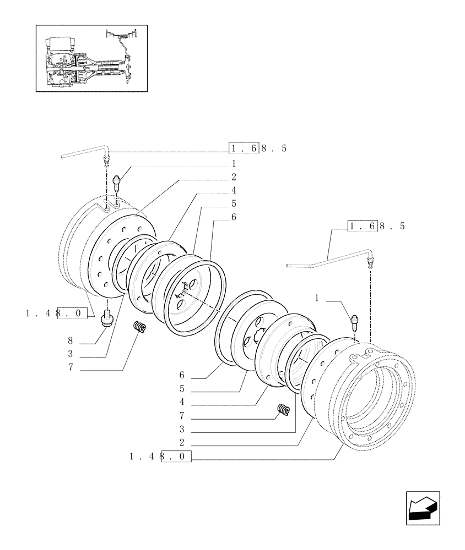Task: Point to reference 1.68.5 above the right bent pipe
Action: click(x=376, y=226)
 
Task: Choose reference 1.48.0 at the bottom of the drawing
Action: click(x=160, y=456)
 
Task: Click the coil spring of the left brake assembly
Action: click(x=140, y=328)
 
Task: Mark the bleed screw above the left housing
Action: click(x=116, y=181)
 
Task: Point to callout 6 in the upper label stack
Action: click(x=234, y=217)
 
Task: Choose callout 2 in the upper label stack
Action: click(x=234, y=177)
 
